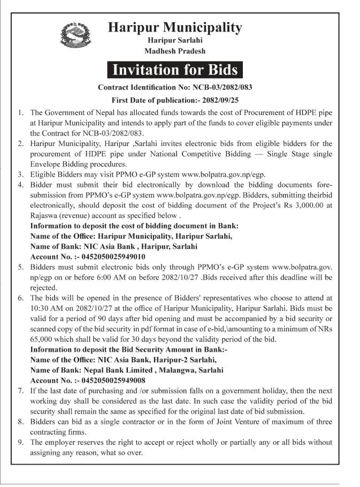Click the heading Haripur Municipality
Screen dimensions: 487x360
point(174,27)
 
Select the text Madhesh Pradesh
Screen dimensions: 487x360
point(175,51)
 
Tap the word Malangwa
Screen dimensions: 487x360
point(170,369)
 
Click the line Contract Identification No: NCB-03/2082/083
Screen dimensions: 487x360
point(175,86)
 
